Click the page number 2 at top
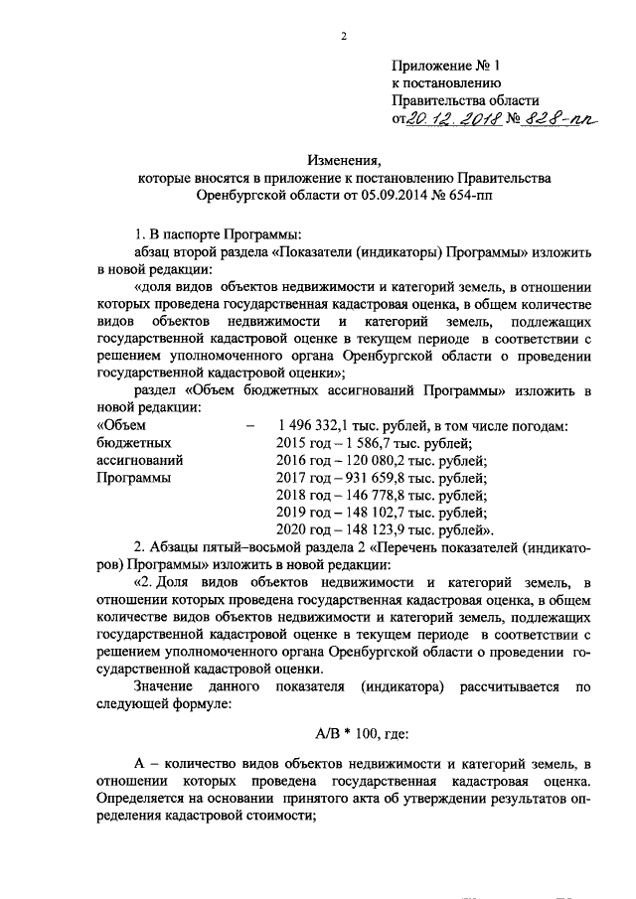click(x=343, y=37)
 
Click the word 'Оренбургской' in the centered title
click(x=238, y=196)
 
